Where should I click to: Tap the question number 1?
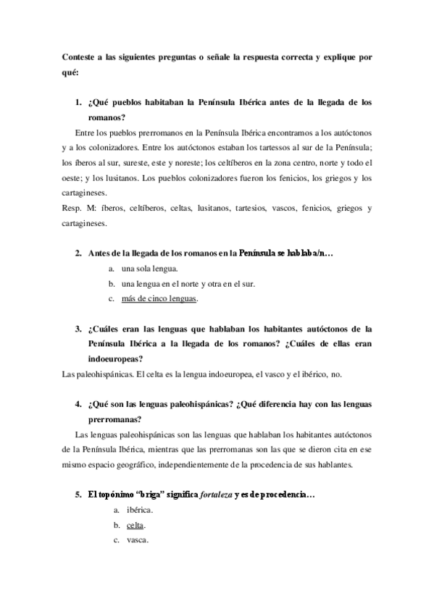point(78,103)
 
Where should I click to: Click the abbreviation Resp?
point(72,209)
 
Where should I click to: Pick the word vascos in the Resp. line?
point(283,209)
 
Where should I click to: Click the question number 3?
point(78,329)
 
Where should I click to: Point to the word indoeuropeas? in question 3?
point(115,358)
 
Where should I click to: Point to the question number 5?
point(78,495)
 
